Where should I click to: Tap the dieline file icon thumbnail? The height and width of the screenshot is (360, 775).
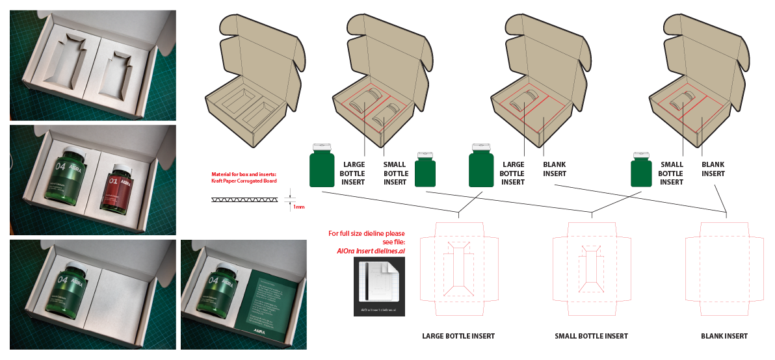(379, 286)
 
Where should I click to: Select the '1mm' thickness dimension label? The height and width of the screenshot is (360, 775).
(298, 207)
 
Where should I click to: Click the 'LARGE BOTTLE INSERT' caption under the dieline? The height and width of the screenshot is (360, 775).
(458, 336)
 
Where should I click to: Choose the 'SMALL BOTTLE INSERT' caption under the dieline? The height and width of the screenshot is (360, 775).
(591, 336)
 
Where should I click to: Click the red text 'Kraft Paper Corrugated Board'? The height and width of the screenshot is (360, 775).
(244, 181)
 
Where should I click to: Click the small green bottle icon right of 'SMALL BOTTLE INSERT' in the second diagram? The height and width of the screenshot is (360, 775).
(425, 170)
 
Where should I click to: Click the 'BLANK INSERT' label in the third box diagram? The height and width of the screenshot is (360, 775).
(555, 169)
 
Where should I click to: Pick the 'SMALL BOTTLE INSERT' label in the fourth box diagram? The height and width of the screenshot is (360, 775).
(672, 174)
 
